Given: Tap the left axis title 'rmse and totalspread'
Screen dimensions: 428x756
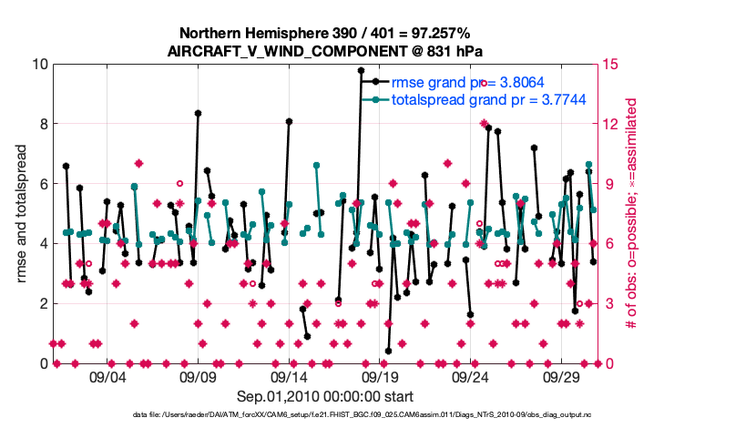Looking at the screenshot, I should tap(21, 214).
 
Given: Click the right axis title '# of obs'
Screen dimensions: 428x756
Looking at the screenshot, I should tap(628, 214).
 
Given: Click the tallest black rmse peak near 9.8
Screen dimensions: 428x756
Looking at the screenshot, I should tap(362, 70).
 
